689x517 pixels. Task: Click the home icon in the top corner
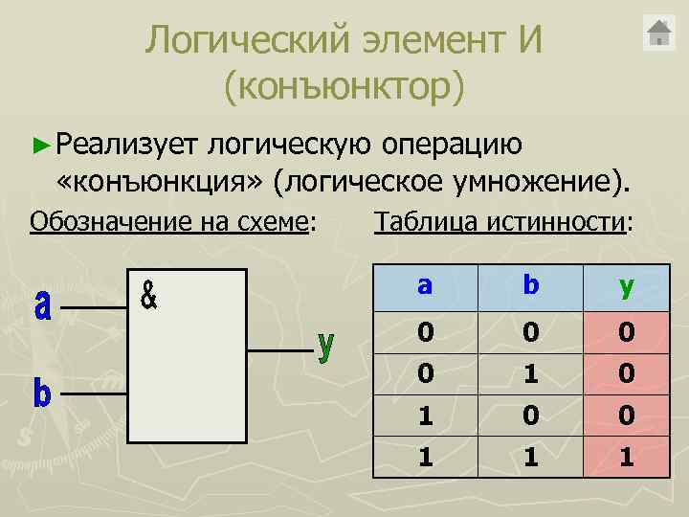tap(660, 34)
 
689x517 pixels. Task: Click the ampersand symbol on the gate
tap(149, 294)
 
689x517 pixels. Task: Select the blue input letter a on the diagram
tap(43, 306)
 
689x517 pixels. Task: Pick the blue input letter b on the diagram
tap(42, 392)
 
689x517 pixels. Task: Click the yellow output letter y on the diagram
tap(326, 346)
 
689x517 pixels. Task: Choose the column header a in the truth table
tap(426, 285)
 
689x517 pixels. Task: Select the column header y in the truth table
tap(627, 285)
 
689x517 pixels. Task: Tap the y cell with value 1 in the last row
tap(627, 457)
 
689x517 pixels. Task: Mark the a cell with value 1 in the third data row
tap(426, 415)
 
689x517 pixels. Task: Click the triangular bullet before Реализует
tap(39, 145)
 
